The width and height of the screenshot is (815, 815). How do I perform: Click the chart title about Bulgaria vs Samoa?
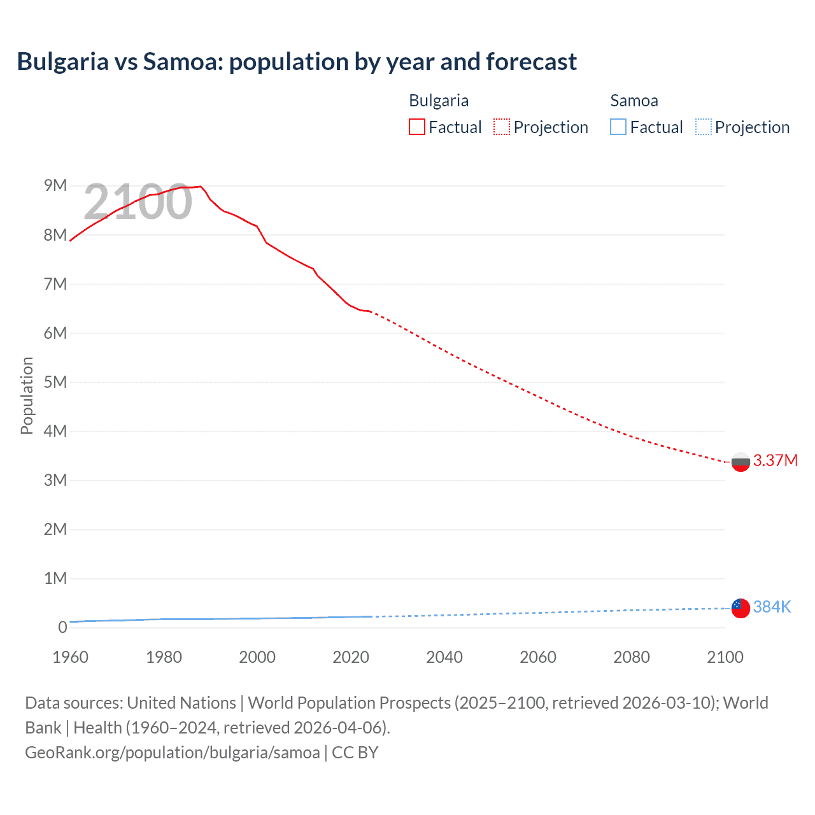coord(297,62)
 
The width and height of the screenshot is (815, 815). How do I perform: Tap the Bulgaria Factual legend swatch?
coord(417,127)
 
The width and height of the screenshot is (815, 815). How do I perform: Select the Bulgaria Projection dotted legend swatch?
coord(502,127)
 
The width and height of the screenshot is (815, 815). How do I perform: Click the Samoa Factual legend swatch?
coord(618,127)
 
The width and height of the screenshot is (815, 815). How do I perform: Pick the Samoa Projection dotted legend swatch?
coord(704,127)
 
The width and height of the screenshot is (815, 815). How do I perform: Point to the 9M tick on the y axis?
coord(55,185)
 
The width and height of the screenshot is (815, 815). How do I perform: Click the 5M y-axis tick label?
coord(55,382)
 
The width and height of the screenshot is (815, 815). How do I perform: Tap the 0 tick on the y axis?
coord(62,627)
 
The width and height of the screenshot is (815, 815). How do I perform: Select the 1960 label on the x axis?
coord(70,657)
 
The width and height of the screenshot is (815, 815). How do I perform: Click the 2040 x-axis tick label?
coord(444,657)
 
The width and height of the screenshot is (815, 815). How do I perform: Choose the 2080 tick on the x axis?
coord(632,657)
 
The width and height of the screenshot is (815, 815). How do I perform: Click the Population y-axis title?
coord(27,395)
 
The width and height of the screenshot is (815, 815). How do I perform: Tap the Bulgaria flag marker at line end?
coord(741,462)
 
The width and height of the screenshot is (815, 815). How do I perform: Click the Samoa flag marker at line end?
coord(741,608)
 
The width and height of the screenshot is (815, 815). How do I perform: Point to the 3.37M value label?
coord(775,460)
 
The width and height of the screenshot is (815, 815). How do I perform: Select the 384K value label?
coord(772,607)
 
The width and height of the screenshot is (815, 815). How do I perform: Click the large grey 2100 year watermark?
coord(138,202)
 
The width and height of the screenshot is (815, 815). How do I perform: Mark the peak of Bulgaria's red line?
coord(201,187)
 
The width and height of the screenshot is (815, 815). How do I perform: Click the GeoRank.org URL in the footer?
coord(173,753)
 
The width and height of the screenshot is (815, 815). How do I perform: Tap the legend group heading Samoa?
coord(634,101)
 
